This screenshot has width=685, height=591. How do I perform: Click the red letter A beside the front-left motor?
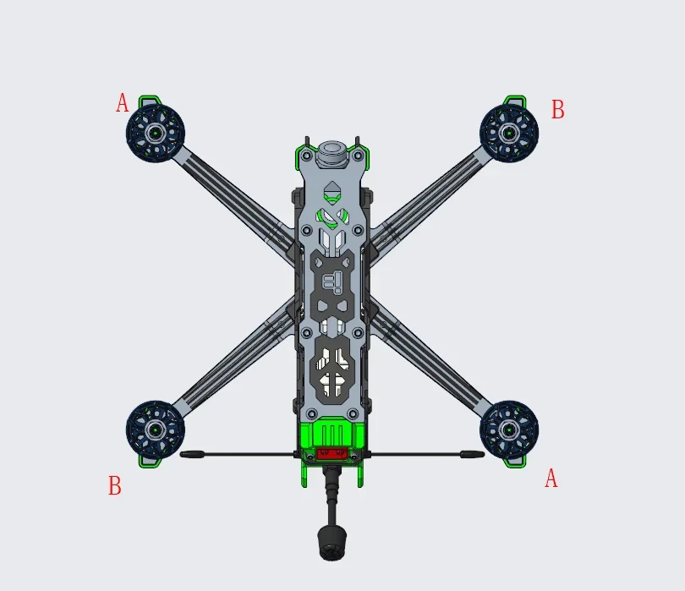pos(123,104)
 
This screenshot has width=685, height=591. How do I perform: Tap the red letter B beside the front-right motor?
pos(557,110)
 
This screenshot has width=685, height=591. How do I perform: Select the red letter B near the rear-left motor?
pos(114,486)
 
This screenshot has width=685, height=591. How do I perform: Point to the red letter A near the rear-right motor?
pos(551,479)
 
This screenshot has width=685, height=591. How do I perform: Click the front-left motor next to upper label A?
pos(155,133)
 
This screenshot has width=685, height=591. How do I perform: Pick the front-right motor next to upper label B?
pos(508,133)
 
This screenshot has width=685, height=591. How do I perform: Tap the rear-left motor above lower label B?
pos(155,430)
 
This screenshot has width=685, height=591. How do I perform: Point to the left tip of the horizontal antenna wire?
pos(184,455)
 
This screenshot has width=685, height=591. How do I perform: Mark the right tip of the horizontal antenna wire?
pos(480,455)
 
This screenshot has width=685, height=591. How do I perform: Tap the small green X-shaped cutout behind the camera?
pos(332,216)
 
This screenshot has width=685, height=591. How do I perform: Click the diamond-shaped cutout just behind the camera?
pos(332,189)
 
